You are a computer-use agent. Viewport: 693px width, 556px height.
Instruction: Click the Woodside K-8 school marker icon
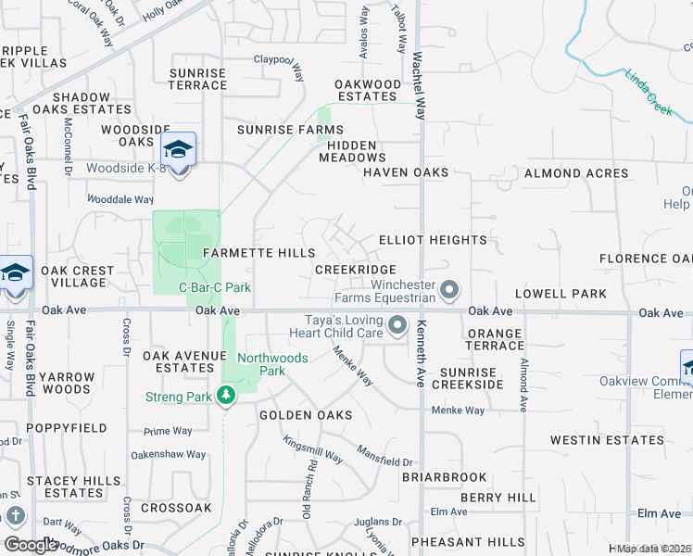(179, 149)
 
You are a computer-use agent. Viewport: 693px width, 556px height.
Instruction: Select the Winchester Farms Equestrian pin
(449, 291)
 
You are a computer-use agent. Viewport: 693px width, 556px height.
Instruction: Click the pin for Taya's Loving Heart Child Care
(398, 325)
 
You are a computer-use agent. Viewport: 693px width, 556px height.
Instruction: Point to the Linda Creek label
(648, 92)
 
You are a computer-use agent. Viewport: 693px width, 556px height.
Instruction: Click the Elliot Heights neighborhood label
(433, 240)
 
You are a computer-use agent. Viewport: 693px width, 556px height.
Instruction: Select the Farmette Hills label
(253, 253)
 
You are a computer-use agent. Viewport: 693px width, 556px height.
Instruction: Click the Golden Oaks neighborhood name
(306, 416)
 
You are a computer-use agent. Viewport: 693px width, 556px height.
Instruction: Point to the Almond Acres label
(576, 173)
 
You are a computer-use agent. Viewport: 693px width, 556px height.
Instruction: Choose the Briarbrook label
(444, 477)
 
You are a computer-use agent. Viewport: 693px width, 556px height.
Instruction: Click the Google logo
(31, 545)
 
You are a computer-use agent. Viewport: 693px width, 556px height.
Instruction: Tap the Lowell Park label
(561, 294)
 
